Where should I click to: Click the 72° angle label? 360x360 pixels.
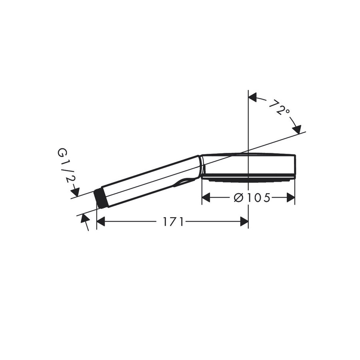tap(279, 108)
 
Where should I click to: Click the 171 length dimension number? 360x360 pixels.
tap(173, 222)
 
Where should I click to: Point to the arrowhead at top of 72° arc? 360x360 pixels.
tap(252, 97)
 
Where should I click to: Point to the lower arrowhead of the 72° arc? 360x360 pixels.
tap(297, 129)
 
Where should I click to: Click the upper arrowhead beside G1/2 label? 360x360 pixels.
tap(76, 192)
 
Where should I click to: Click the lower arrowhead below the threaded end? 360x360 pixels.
tap(84, 218)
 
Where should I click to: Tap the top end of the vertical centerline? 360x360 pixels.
tap(248, 91)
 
